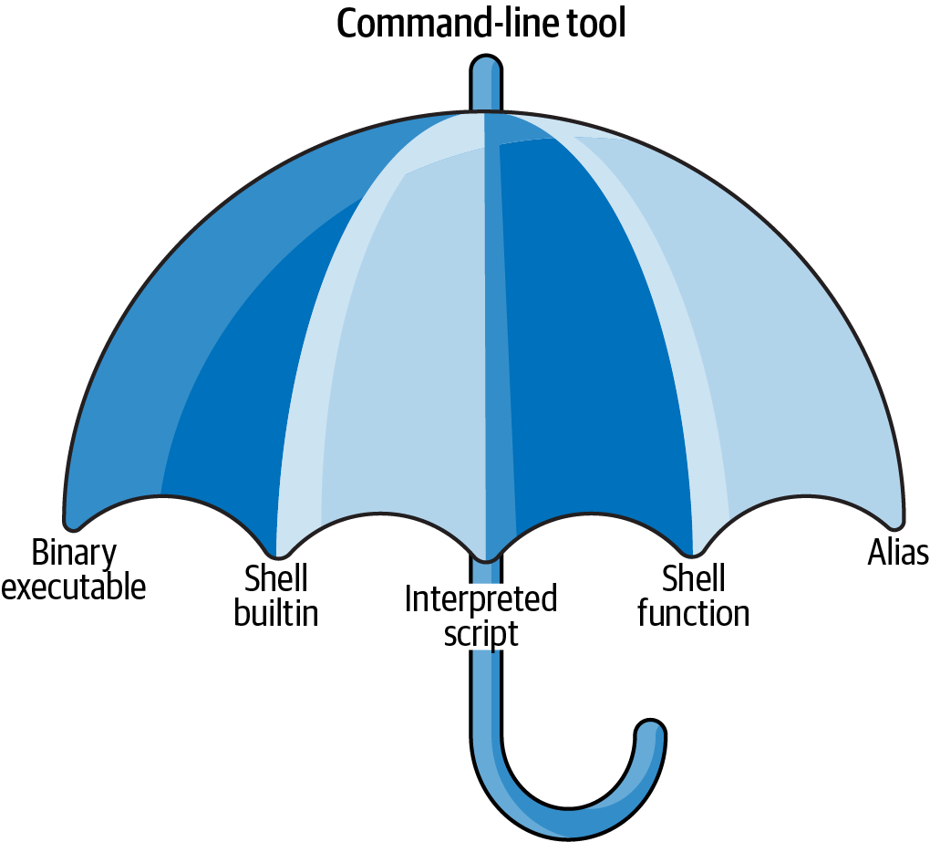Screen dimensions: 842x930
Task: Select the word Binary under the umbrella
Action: pos(75,553)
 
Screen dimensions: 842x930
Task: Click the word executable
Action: pos(75,587)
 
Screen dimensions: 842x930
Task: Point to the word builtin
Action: pos(276,613)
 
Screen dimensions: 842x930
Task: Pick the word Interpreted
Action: pos(480,600)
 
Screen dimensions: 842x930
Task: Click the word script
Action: pos(480,633)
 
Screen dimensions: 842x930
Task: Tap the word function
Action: pos(693,613)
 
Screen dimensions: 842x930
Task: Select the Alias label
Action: pos(898,553)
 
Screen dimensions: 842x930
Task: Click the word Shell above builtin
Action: pos(276,578)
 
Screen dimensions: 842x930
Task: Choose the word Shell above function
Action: pos(693,578)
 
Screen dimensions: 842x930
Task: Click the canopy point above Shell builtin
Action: pos(279,553)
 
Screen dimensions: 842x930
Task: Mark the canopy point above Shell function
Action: pos(693,551)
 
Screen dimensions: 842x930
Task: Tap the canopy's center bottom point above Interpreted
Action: pos(486,557)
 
